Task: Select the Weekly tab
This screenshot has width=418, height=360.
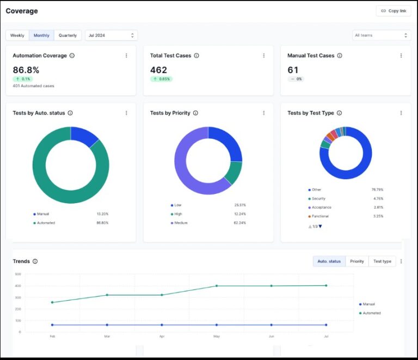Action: (17, 35)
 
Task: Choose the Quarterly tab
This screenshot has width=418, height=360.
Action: (67, 35)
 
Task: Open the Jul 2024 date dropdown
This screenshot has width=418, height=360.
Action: (111, 35)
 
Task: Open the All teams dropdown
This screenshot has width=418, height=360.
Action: (381, 35)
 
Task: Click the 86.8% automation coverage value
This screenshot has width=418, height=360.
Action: (26, 70)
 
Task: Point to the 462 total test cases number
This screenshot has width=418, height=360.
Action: (158, 70)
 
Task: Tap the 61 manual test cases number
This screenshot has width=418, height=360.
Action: (293, 70)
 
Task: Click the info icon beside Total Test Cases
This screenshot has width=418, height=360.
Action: (196, 56)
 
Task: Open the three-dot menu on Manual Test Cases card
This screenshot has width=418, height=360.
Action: (401, 56)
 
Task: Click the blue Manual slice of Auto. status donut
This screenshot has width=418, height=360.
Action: (84, 136)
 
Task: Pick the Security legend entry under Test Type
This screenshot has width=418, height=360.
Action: (318, 199)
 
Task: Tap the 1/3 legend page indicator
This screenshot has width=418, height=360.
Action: (316, 226)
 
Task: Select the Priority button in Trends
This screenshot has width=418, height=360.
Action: (357, 261)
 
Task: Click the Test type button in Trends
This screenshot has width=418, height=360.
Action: (382, 261)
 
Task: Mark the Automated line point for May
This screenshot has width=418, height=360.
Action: (217, 285)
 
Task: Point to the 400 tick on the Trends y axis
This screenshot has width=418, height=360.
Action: (18, 285)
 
